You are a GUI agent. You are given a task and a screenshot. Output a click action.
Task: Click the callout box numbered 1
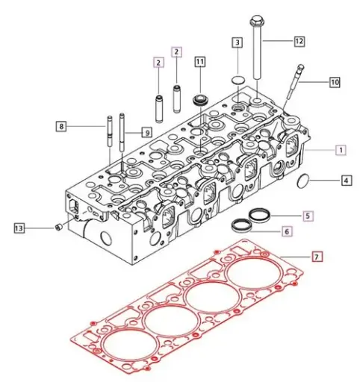click(340, 150)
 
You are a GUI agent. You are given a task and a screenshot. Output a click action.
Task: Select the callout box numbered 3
click(237, 44)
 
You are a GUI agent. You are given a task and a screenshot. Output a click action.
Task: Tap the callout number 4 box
click(347, 180)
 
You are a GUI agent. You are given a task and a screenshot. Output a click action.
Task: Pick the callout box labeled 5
click(307, 216)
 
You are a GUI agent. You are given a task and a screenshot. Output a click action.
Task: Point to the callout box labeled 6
click(307, 232)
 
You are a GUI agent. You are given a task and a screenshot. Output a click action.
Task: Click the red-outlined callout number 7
click(317, 257)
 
